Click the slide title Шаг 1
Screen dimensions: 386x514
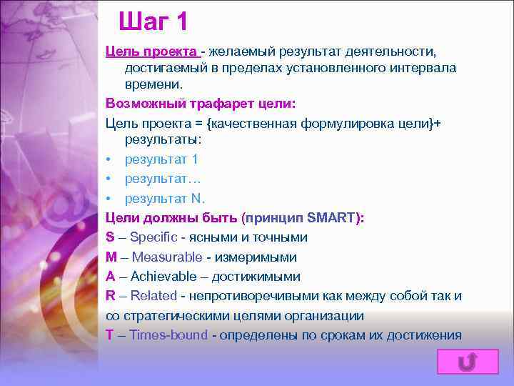tap(153, 21)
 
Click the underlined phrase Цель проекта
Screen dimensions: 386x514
tap(152, 51)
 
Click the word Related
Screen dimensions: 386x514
tap(153, 296)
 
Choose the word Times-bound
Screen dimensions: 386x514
tap(168, 335)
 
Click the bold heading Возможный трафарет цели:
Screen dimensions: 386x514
tap(195, 104)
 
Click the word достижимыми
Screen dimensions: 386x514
tap(263, 277)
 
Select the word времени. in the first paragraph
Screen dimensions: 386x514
tap(150, 84)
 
